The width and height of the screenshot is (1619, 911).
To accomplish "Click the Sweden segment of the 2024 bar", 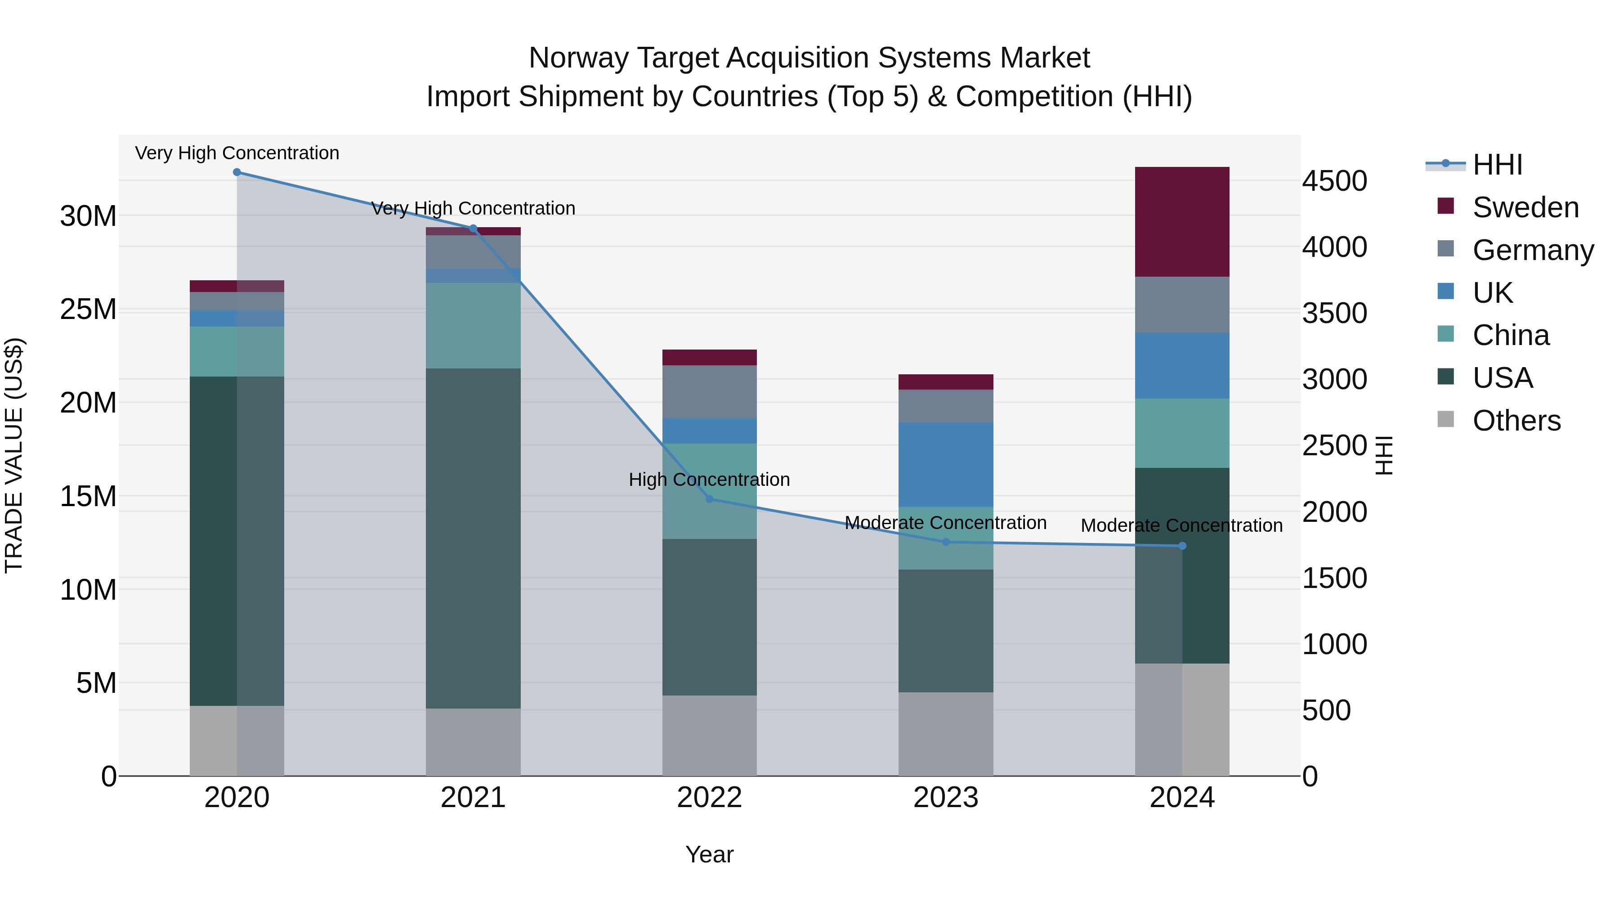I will click(1181, 221).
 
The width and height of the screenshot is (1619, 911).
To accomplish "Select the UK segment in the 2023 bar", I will click(945, 465).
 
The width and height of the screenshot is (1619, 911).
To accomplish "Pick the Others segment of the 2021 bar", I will click(473, 742).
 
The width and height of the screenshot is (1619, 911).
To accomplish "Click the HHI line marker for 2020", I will click(237, 172).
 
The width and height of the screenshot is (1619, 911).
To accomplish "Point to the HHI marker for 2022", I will click(710, 499).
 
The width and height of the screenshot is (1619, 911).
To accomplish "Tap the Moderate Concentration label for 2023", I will click(945, 523).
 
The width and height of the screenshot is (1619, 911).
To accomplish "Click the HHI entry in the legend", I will click(1497, 165).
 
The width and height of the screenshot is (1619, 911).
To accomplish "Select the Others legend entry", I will click(1516, 421).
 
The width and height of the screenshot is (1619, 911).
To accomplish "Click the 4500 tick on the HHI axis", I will click(1334, 181).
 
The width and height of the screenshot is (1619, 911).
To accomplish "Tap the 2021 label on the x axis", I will click(473, 798).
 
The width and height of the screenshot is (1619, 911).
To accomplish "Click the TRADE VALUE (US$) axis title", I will click(14, 455).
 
